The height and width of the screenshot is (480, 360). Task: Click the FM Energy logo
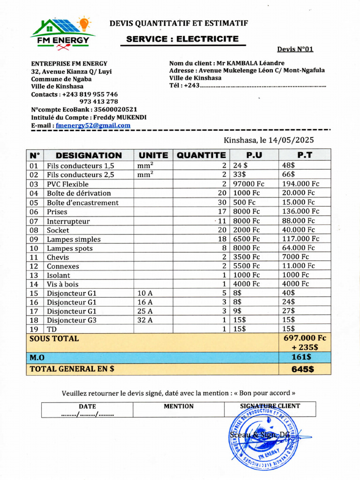[63, 33]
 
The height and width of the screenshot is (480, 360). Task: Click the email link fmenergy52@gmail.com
[93, 126]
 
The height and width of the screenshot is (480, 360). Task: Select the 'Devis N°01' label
[295, 49]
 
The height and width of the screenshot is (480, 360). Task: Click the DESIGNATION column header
[89, 155]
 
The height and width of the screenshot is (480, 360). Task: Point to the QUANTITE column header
[201, 155]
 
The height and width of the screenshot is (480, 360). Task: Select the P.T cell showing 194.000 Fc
[300, 184]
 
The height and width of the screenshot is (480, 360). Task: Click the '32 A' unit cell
[145, 320]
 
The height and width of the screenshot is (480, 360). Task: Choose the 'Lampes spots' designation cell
[69, 248]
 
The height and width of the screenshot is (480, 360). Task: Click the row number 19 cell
[34, 329]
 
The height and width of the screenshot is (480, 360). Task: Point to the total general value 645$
[302, 369]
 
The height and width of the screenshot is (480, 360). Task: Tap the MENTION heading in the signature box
[178, 406]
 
